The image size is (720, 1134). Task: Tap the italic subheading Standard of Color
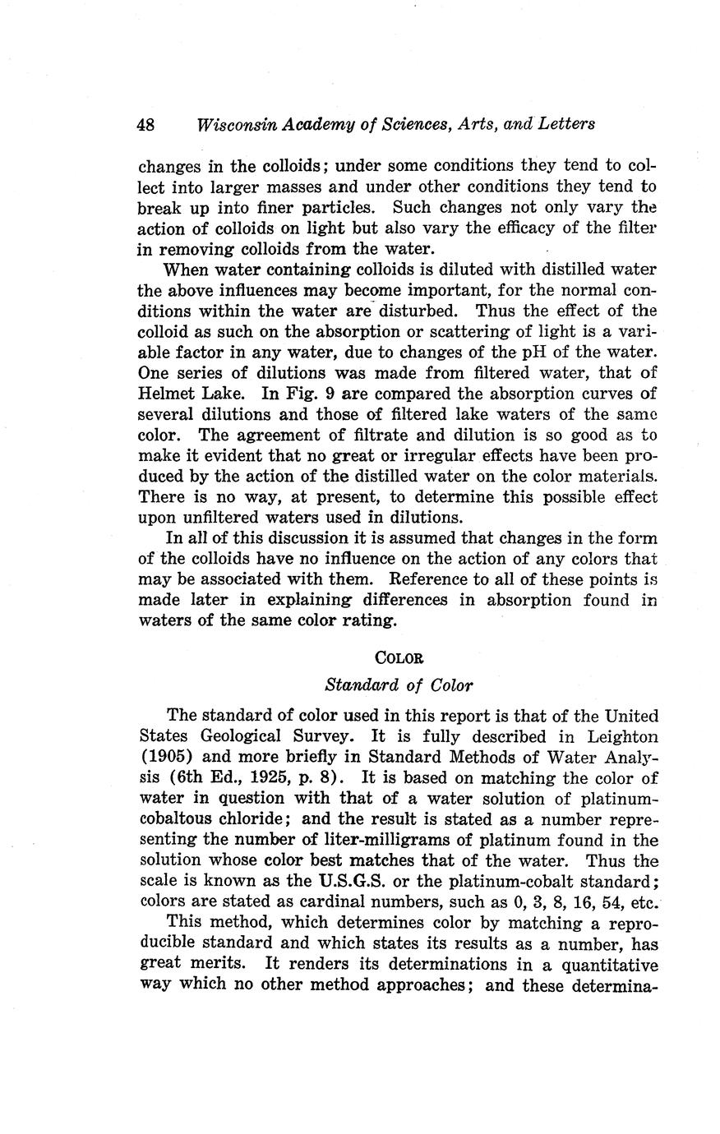pos(399,684)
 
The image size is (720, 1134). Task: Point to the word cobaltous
pos(178,819)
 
